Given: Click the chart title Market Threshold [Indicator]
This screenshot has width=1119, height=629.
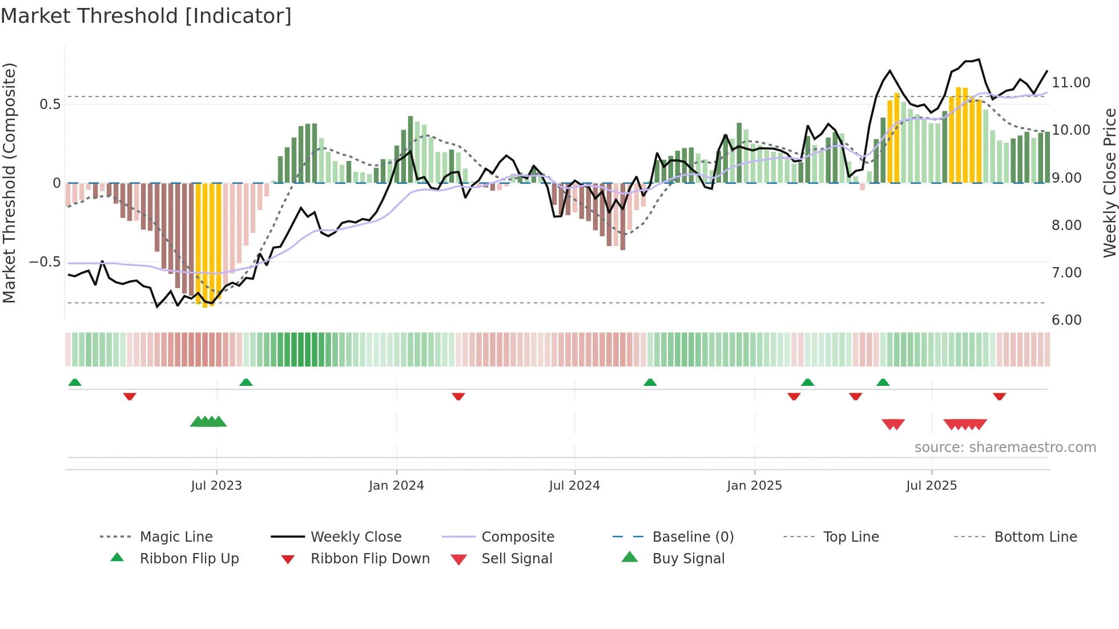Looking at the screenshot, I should (146, 16).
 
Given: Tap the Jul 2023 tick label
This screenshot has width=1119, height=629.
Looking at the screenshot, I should (216, 486).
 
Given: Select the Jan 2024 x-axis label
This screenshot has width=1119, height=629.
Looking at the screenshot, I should (396, 486).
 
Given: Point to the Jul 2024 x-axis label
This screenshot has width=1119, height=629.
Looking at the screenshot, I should (574, 486).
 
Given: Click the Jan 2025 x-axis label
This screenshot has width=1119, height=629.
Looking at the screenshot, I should (754, 486).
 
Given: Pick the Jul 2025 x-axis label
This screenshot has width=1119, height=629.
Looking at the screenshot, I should (931, 486).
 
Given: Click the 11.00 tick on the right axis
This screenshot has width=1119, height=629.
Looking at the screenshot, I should (1071, 83).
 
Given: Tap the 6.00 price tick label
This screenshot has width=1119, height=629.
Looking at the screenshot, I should (1066, 320).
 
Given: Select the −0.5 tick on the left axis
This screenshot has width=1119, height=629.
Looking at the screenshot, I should (45, 262).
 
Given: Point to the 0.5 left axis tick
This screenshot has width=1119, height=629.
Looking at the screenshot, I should (50, 104).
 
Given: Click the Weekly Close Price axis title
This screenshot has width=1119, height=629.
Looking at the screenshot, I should (1109, 183).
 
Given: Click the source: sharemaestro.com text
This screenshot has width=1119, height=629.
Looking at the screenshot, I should (1005, 447).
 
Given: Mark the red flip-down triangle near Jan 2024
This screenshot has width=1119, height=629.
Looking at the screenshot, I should (458, 396).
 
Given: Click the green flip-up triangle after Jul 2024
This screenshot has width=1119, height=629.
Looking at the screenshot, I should (650, 382).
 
